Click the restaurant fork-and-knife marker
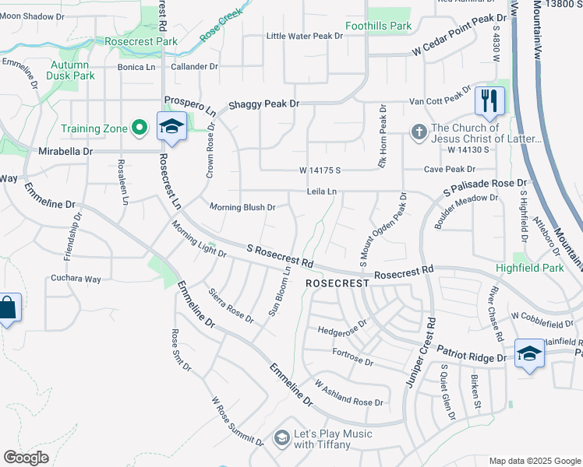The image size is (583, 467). coord(489,100)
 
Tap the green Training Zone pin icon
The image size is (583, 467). coord(140,126)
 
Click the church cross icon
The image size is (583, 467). coord(419,132)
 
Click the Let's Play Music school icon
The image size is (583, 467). coord(281,439)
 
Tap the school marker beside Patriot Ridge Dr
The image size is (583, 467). coord(529,354)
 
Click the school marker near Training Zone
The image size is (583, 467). coord(171,126)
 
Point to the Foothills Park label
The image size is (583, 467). coord(379,26)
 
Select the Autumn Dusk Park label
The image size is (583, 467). coord(72,70)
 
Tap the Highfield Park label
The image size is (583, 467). coord(529,268)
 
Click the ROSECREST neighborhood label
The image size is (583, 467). coord(337,284)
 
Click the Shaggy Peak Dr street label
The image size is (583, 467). coord(263,104)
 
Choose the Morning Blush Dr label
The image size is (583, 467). coord(242,207)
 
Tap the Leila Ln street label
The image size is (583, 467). coord(321,191)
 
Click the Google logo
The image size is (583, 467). coord(26,458)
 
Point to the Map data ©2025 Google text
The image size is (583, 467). coord(534,461)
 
